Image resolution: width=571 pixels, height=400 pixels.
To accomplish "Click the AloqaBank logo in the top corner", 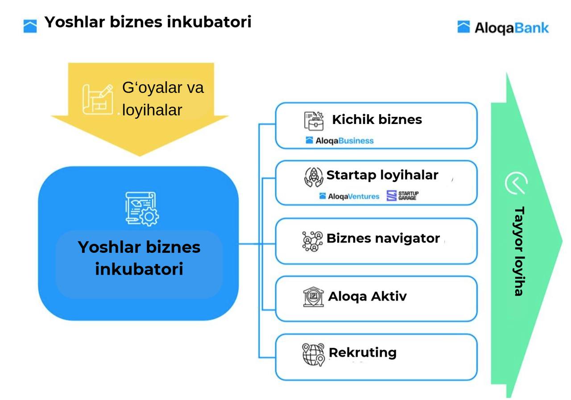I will [x=503, y=28].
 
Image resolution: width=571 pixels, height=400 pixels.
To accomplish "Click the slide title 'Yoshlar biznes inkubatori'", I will [x=148, y=22].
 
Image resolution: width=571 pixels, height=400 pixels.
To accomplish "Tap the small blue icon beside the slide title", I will [x=30, y=26].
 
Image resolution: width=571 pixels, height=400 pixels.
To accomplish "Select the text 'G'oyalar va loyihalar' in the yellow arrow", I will [x=163, y=99].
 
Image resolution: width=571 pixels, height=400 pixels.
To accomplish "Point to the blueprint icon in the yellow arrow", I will [x=97, y=99].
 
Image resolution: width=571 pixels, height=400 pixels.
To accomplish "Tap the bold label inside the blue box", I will [x=139, y=258].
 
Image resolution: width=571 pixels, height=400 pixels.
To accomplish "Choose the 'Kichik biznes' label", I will [x=377, y=120].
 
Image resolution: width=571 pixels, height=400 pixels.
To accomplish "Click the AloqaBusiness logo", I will [x=339, y=140].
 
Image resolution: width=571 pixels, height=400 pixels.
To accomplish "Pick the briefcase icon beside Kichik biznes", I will [x=314, y=121].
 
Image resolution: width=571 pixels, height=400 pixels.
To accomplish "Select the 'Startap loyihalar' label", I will [x=382, y=175].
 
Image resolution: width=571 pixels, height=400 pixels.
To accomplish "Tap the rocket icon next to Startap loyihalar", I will [x=314, y=177].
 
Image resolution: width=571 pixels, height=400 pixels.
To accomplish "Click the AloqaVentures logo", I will [x=349, y=196].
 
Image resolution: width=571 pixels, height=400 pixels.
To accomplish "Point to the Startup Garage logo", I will [x=402, y=196].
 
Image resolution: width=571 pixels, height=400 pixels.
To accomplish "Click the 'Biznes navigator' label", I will [x=383, y=238].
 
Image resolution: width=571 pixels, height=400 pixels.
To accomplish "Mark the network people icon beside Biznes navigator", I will [x=313, y=241].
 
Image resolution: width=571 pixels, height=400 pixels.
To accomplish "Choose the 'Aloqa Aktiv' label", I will [x=367, y=297].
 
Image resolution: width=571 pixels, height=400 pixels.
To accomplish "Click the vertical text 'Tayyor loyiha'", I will [x=518, y=251].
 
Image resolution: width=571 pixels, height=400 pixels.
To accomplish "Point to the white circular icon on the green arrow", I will [x=516, y=183].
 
